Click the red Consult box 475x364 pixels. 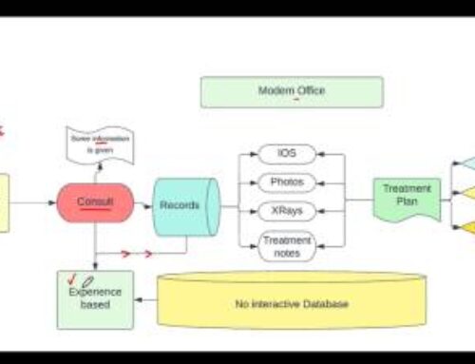pyautogui.click(x=95, y=202)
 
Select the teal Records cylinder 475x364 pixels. pyautogui.click(x=181, y=203)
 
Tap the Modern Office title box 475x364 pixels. pyautogui.click(x=292, y=91)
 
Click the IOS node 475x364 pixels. pyautogui.click(x=287, y=153)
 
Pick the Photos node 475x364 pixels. pyautogui.click(x=287, y=182)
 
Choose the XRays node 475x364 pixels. pyautogui.click(x=287, y=209)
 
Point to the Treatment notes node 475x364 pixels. pyautogui.click(x=287, y=246)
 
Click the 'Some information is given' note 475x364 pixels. pyautogui.click(x=100, y=144)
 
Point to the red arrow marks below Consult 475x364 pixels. pyautogui.click(x=138, y=254)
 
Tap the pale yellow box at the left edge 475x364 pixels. pyautogui.click(x=4, y=202)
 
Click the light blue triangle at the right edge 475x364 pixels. pyautogui.click(x=465, y=163)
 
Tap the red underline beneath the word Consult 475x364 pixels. pyautogui.click(x=95, y=209)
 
